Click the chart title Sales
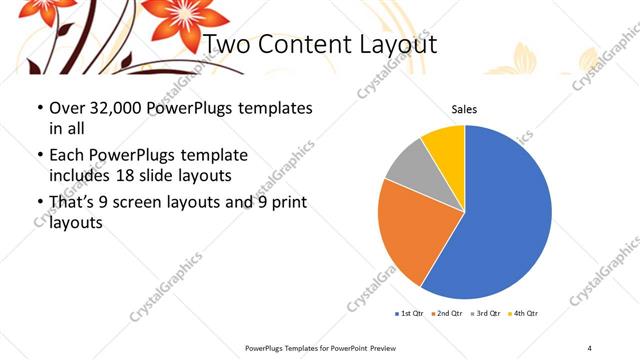[464, 109]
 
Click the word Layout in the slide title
[392, 45]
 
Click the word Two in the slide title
[227, 45]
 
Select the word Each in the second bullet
[68, 155]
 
